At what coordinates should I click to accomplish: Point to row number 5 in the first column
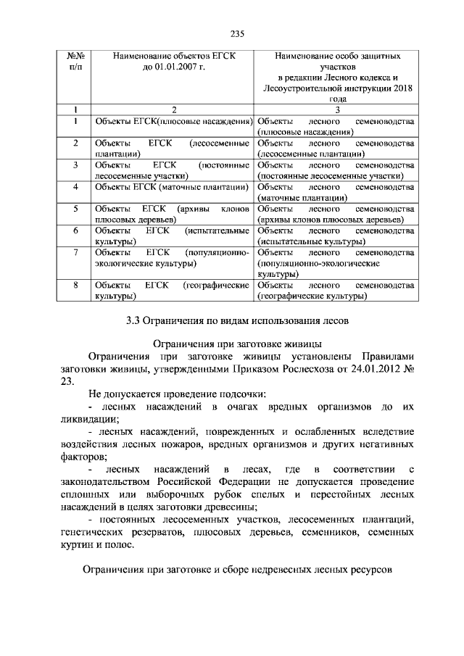tap(76, 209)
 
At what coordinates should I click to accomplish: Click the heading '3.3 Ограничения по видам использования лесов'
tap(231, 320)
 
